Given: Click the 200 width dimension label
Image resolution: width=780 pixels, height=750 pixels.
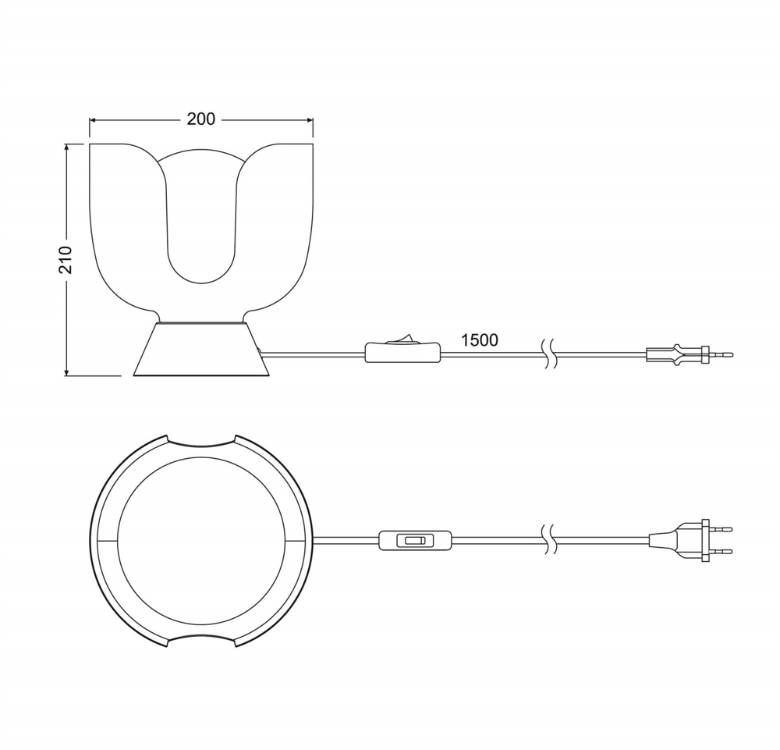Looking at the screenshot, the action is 201,119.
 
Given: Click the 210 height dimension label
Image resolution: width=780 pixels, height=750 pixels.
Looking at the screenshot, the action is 66,260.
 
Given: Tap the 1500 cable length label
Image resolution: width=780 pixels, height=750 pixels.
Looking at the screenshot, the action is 480,340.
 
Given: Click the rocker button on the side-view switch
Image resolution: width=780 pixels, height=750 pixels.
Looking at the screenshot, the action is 402,339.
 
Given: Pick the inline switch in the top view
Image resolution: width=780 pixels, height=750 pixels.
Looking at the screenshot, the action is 416,541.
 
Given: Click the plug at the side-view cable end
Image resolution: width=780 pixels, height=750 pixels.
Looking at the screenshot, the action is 689,355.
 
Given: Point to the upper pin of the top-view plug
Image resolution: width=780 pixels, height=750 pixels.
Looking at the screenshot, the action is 720,529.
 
